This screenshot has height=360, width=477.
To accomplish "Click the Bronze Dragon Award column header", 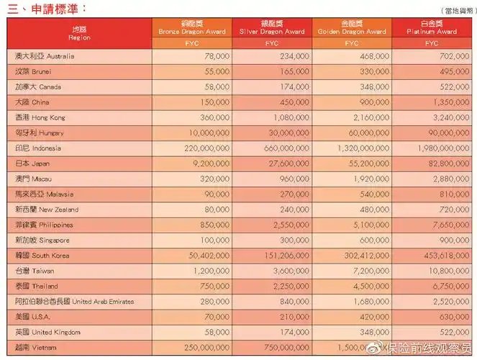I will [x=192, y=28].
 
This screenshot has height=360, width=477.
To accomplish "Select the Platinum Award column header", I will [x=432, y=28].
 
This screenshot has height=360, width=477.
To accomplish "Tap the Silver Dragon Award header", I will [x=272, y=28].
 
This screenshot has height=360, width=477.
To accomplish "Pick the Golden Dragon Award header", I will [x=352, y=28].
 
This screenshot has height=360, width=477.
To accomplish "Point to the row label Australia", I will [x=45, y=56].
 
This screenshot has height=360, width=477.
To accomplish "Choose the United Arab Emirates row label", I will [x=74, y=302].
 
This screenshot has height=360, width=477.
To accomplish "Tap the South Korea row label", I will [x=46, y=256].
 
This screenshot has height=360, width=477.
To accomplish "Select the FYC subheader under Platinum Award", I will [x=432, y=43].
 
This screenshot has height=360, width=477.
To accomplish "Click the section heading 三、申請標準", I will [x=47, y=8].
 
